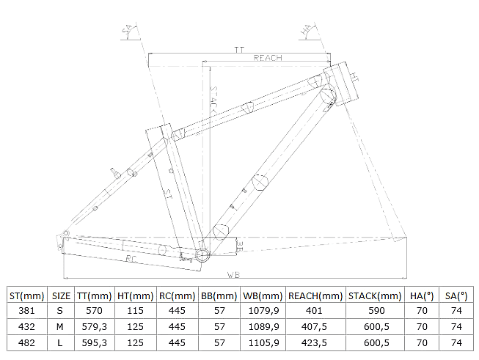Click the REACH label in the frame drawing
(x=268, y=58)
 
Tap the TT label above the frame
(x=239, y=50)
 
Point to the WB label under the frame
(x=234, y=275)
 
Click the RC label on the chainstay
(x=131, y=259)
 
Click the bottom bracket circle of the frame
(x=202, y=255)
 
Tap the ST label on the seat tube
(x=168, y=194)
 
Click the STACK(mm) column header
(x=375, y=295)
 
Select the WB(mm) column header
(x=263, y=295)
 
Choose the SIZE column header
(x=61, y=295)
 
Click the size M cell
(x=60, y=327)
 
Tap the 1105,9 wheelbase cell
(x=263, y=342)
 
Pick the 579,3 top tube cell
(x=95, y=327)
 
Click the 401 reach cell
(x=314, y=311)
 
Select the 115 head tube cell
(x=135, y=311)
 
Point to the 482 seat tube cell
(x=26, y=342)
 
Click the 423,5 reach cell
(x=314, y=342)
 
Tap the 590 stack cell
(x=376, y=311)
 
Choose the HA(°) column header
(x=422, y=295)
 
